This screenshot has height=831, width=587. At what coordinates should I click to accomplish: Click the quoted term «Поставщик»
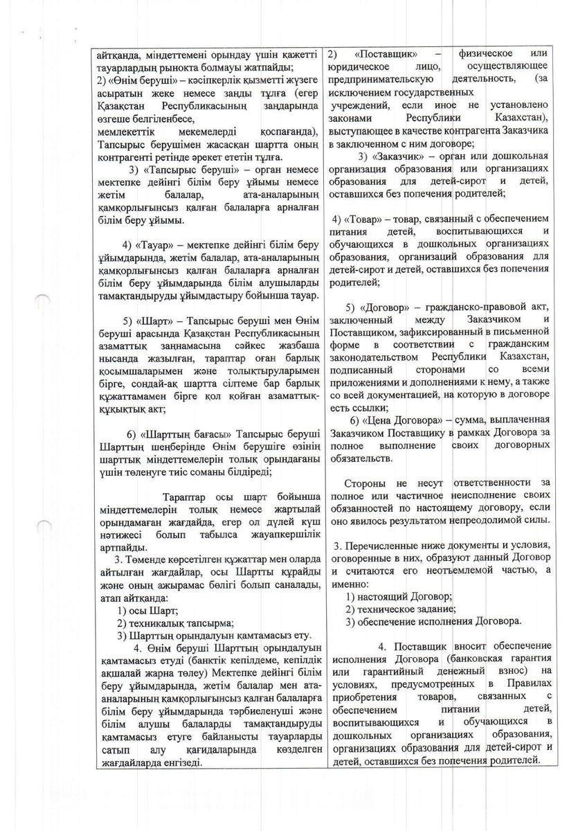pyautogui.click(x=383, y=53)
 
